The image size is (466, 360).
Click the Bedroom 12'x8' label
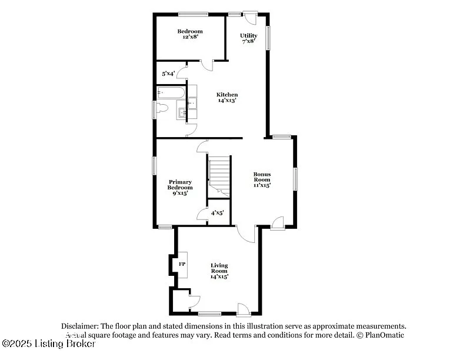pos(190,34)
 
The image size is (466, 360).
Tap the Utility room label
pos(248,38)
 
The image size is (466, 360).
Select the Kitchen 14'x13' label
pos(227,98)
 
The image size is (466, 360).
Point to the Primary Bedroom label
pos(181,187)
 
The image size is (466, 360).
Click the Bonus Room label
pos(262,179)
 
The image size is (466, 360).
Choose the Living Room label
pos(219,271)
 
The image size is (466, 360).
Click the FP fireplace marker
pos(182,264)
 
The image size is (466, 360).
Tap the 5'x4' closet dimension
pos(168,74)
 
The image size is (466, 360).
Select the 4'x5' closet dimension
pos(217,212)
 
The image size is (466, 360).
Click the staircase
pos(219,174)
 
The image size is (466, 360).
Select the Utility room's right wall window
pos(268,38)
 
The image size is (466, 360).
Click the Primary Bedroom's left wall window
pos(155,165)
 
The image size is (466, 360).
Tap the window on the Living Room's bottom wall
pos(209,313)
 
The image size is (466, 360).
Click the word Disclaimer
pos(80,326)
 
